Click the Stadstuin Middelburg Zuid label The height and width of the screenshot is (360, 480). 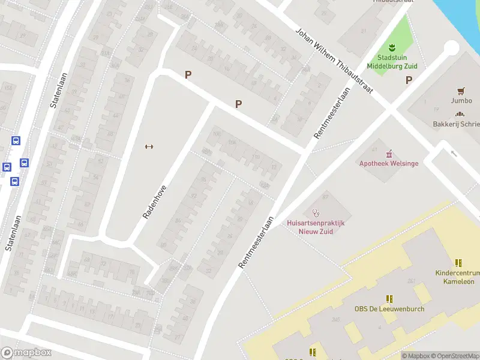(x=392, y=61)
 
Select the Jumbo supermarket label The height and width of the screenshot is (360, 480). (x=461, y=101)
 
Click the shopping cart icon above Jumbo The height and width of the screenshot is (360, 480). (x=461, y=91)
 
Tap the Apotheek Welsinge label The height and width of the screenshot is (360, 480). (x=389, y=163)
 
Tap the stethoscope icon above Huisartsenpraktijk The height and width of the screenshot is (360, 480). (x=316, y=212)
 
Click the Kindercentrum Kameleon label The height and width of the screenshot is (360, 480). (x=457, y=277)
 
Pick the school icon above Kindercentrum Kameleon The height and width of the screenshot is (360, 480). (x=458, y=263)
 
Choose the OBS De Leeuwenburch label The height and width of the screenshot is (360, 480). (x=389, y=309)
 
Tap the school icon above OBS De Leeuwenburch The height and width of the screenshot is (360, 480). (x=389, y=298)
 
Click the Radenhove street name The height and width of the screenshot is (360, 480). (x=154, y=201)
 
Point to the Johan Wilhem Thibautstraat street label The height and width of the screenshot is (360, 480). (x=334, y=60)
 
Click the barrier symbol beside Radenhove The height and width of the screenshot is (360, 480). (x=149, y=146)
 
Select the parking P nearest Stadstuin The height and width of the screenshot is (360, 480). (x=409, y=80)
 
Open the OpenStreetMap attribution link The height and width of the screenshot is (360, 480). (x=455, y=356)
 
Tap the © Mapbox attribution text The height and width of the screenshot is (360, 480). (x=416, y=356)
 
